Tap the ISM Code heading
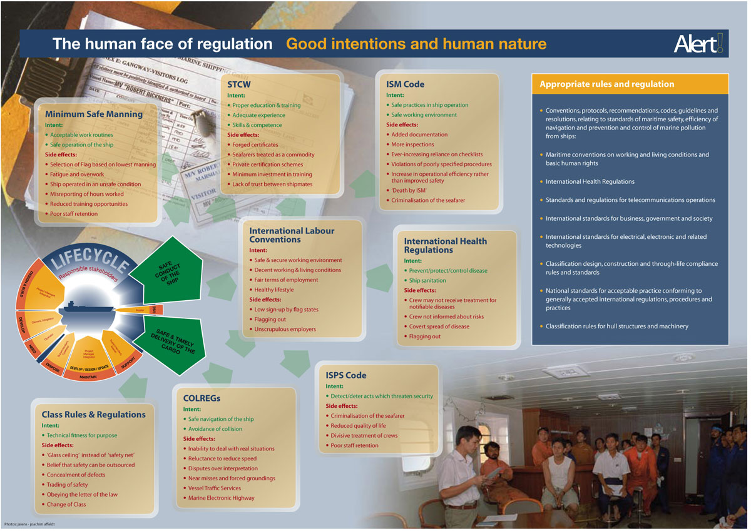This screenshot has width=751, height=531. pyautogui.click(x=405, y=84)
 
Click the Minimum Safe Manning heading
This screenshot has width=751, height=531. pyautogui.click(x=94, y=114)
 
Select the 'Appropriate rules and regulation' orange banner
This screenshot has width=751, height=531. pyautogui.click(x=630, y=84)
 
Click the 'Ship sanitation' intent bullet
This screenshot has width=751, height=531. pyautogui.click(x=427, y=281)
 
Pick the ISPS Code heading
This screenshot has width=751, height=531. pyautogui.click(x=346, y=376)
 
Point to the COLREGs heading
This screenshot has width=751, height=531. pyautogui.click(x=202, y=398)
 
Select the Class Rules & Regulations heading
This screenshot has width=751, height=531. pyautogui.click(x=93, y=415)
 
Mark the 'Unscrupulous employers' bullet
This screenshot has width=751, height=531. pyautogui.click(x=285, y=329)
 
